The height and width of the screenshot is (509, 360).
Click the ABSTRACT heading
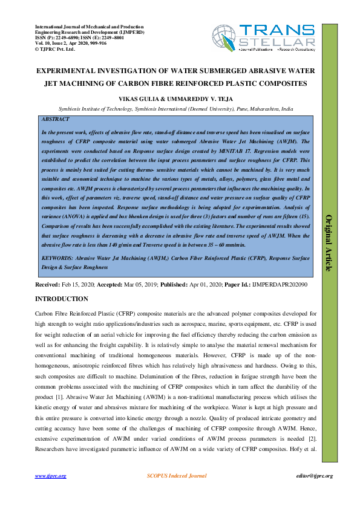click(x=54, y=120)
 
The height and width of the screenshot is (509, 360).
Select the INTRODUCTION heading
click(x=62, y=299)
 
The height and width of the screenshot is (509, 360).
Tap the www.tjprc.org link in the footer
click(x=50, y=476)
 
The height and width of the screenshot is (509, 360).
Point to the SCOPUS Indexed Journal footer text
click(x=177, y=476)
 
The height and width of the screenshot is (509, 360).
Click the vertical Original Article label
click(x=329, y=242)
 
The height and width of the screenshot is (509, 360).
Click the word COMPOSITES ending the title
click(x=281, y=83)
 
